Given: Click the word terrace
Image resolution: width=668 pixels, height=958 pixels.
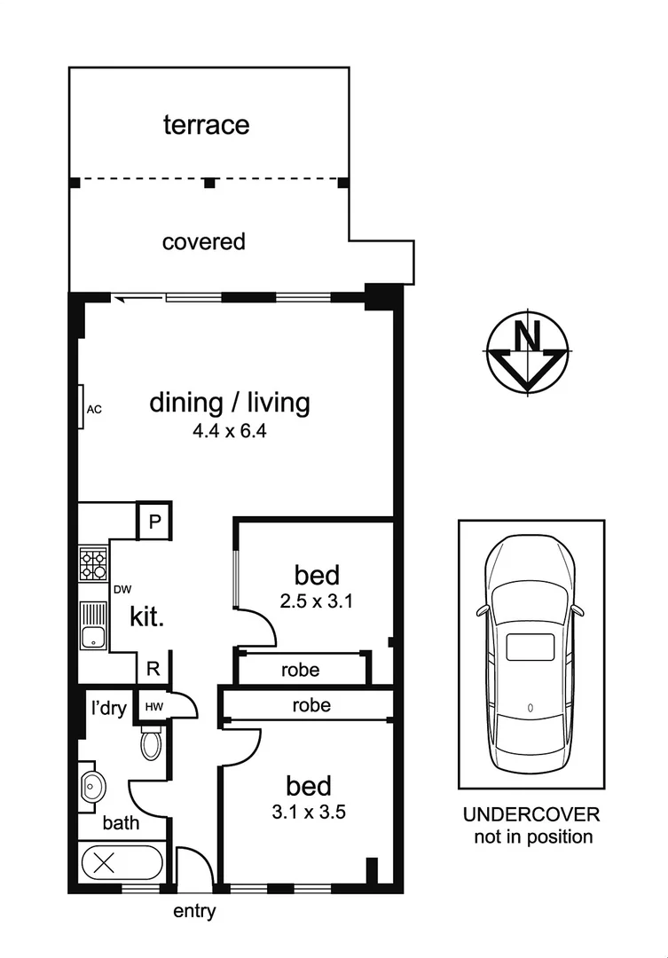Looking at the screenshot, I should [206, 125].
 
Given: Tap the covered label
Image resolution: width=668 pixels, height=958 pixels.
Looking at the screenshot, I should [203, 241].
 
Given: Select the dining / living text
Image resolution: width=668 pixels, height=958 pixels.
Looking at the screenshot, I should [230, 403].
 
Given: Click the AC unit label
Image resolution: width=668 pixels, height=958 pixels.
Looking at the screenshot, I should [95, 410].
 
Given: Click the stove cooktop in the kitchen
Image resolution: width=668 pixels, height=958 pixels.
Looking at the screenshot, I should [92, 563].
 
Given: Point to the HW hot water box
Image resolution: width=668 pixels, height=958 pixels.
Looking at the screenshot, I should [153, 707].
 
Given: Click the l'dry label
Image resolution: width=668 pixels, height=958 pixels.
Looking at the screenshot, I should [106, 708].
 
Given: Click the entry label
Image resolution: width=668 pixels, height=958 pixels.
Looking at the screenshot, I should [193, 911].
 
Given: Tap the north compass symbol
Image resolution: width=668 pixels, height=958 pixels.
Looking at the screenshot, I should [528, 352].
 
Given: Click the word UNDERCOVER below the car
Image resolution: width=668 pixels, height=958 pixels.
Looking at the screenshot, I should [531, 815].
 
